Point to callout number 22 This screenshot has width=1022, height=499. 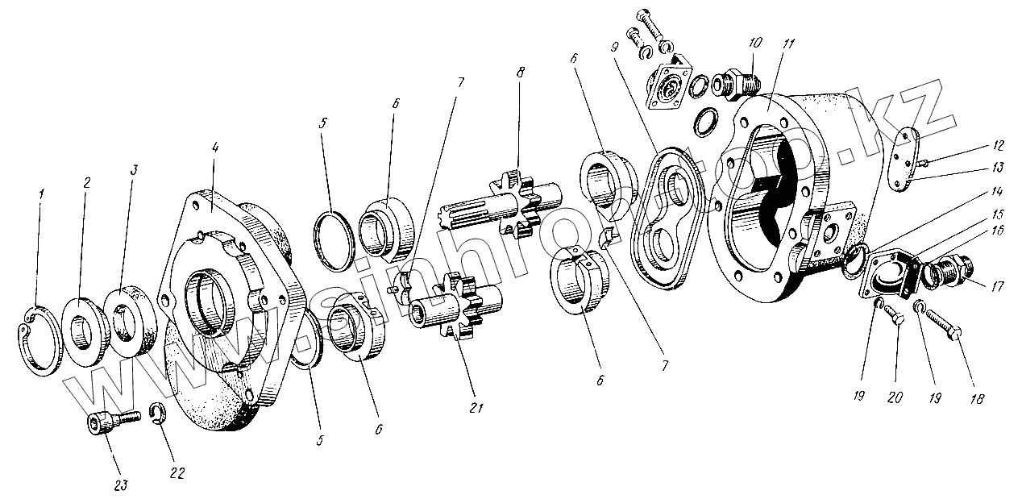click(178, 473)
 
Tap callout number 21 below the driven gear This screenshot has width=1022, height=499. click(476, 408)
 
